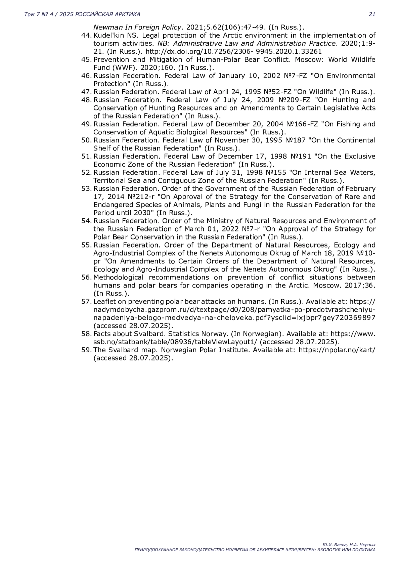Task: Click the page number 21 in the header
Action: pyautogui.click(x=372, y=14)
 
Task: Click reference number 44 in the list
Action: pyautogui.click(x=86, y=35)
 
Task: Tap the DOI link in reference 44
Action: pyautogui.click(x=233, y=51)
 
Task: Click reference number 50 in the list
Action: pyautogui.click(x=86, y=140)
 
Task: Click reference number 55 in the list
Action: pyautogui.click(x=86, y=245)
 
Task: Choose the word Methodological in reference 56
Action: pyautogui.click(x=118, y=277)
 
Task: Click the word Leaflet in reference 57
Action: pyautogui.click(x=104, y=302)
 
